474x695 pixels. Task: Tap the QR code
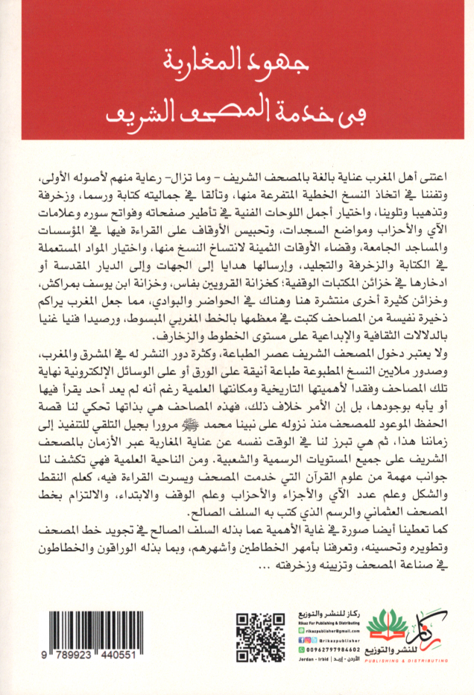pyautogui.click(x=260, y=638)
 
